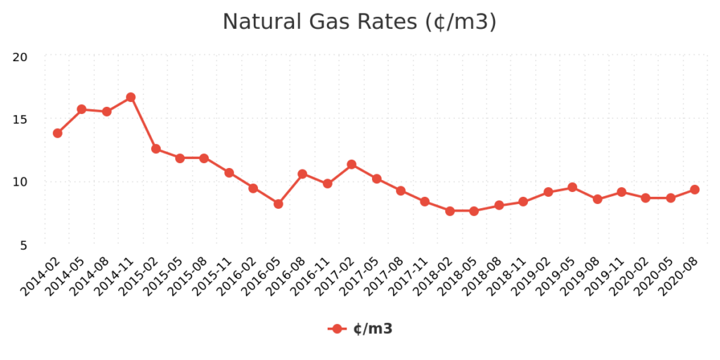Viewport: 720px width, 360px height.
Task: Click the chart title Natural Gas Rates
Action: point(359,22)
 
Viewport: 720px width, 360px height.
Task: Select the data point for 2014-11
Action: point(131,97)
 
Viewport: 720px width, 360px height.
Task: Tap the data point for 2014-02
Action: point(58,133)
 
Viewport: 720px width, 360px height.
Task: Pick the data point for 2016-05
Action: point(278,204)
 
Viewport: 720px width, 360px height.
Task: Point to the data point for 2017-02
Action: point(352,165)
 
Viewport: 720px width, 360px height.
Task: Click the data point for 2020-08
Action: point(695,189)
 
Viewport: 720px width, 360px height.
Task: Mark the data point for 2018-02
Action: point(450,211)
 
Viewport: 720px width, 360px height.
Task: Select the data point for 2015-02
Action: point(156,148)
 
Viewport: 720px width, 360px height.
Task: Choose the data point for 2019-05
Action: point(572,187)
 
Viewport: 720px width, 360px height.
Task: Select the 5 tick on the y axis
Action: point(23,245)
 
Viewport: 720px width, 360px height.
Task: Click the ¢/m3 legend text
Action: point(373,328)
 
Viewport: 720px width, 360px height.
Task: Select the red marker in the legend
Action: point(337,328)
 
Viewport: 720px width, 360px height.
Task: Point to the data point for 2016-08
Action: point(302,174)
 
